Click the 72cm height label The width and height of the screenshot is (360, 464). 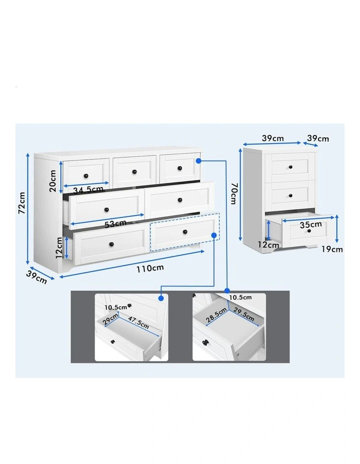click(21, 202)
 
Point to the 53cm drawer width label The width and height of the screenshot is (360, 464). click(115, 223)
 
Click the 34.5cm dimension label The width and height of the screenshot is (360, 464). click(87, 189)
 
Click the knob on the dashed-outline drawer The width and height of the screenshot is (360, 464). click(184, 231)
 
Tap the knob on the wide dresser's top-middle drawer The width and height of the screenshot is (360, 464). click(134, 171)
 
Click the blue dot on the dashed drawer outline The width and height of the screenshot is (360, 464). click(213, 234)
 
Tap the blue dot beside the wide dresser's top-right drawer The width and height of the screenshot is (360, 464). click(198, 161)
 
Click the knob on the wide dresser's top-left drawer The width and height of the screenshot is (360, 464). click(86, 174)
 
